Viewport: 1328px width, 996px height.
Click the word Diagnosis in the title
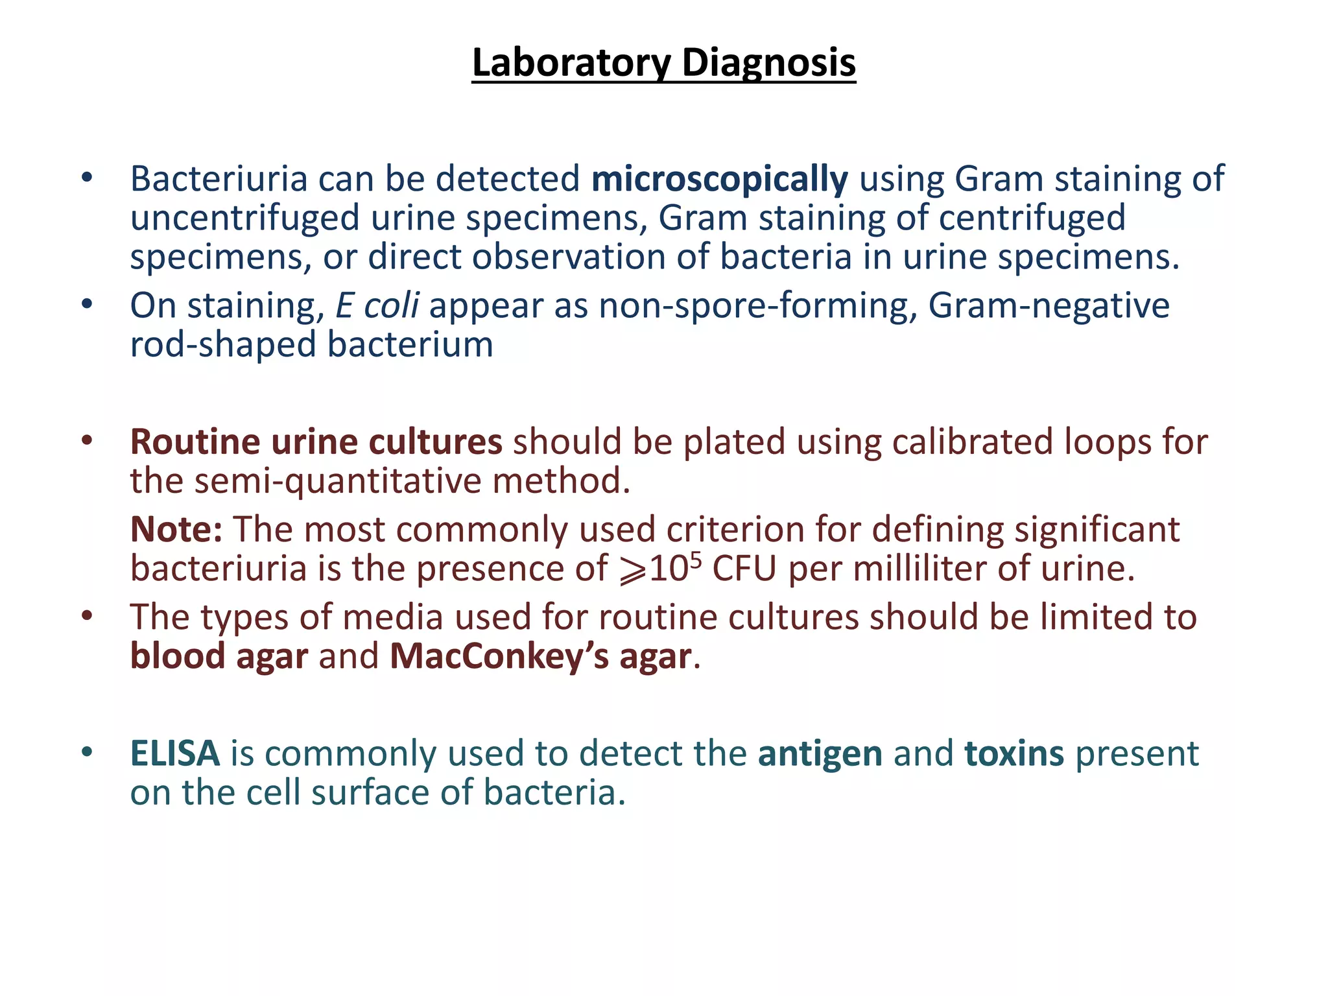pyautogui.click(x=768, y=63)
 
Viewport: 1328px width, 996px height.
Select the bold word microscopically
pyautogui.click(x=719, y=179)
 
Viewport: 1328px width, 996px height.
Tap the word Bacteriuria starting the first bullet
pyautogui.click(x=219, y=179)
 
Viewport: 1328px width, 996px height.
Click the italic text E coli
pyautogui.click(x=377, y=305)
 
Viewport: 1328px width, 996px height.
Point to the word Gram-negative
pyautogui.click(x=1049, y=305)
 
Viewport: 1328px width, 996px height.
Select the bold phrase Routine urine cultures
pyautogui.click(x=316, y=442)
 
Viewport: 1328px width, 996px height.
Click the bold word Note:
pyautogui.click(x=176, y=530)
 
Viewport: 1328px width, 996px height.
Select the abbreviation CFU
pyautogui.click(x=744, y=569)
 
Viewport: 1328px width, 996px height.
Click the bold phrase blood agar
pyautogui.click(x=219, y=656)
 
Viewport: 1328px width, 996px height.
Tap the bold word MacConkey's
pyautogui.click(x=499, y=656)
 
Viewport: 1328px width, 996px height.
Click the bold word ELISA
pyautogui.click(x=175, y=754)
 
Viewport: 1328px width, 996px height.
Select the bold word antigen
pyautogui.click(x=820, y=754)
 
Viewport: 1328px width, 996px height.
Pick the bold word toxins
pyautogui.click(x=1014, y=754)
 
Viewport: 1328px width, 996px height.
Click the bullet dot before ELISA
pyautogui.click(x=88, y=753)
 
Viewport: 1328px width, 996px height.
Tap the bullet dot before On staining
pyautogui.click(x=88, y=304)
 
